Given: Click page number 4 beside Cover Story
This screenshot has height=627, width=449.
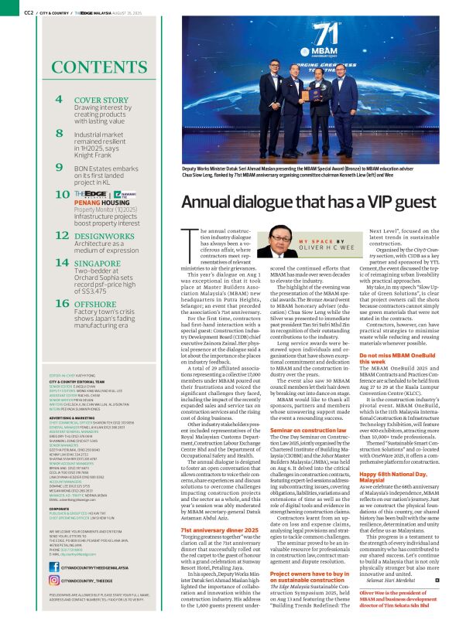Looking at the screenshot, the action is [59, 101].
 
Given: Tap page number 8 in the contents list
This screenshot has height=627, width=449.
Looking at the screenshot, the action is [59, 133].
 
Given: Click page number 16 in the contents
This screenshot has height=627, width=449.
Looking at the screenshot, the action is [60, 304].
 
